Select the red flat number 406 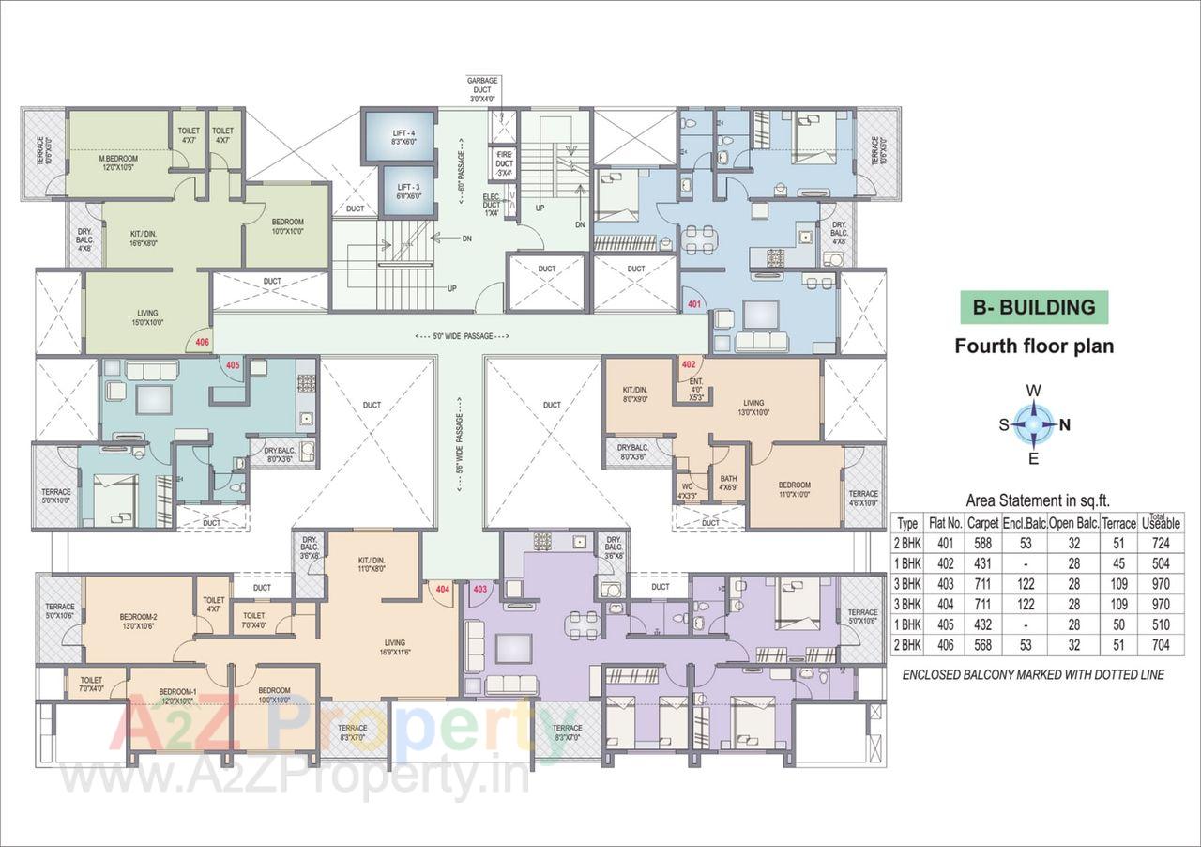pos(203,343)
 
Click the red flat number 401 pos(694,304)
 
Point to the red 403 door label pos(480,589)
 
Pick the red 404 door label pos(443,589)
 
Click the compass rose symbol pos(1033,423)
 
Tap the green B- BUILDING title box pos(1033,307)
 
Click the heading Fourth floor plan pos(1034,346)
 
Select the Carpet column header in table pos(982,523)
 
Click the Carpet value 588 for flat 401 pos(982,544)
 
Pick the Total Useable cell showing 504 pos(1161,563)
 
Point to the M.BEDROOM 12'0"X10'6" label pos(119,162)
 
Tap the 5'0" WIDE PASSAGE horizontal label pos(462,335)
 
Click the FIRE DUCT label pos(504,162)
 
